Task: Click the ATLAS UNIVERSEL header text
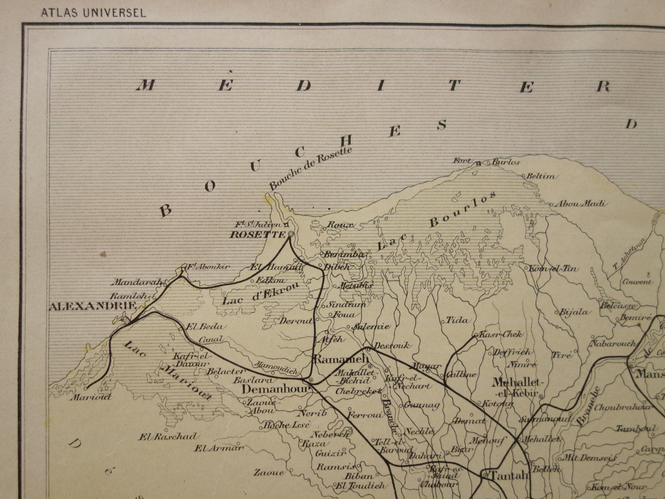pyautogui.click(x=93, y=12)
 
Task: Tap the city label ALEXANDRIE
pyautogui.click(x=92, y=306)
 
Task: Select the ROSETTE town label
pyautogui.click(x=257, y=234)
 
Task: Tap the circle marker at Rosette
pyautogui.click(x=291, y=234)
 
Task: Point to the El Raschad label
pyautogui.click(x=169, y=436)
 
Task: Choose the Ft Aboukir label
pyautogui.click(x=208, y=267)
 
